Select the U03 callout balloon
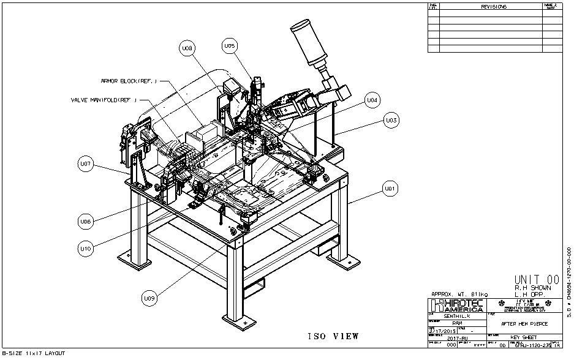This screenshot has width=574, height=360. pos(391,121)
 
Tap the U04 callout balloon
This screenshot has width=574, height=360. pos(372,100)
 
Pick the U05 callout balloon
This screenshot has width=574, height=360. pos(229,46)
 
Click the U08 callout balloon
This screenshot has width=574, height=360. pos(187,48)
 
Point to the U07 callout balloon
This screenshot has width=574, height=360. pos(86,164)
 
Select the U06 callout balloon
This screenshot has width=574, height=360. pos(86,221)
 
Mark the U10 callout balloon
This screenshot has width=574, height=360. pos(86,249)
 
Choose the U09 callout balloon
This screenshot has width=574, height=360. pos(149,299)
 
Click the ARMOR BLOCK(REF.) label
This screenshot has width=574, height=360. pos(129,81)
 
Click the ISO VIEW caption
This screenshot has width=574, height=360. pos(333,336)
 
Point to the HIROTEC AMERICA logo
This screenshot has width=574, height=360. pos(456,305)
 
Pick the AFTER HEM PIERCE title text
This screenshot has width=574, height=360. pos(524,323)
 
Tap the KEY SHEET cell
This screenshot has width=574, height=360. pos(524,338)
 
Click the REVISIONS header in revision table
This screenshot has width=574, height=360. pos(494,7)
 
